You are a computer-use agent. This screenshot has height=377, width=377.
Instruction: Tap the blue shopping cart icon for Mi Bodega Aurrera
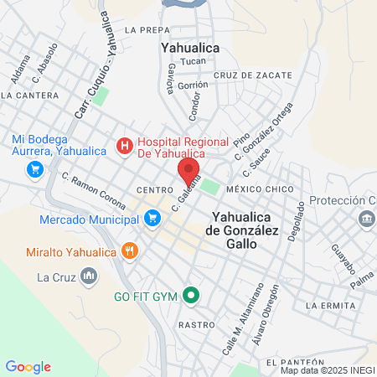click(x=34, y=169)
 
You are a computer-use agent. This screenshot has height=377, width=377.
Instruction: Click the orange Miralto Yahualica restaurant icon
click(x=129, y=250)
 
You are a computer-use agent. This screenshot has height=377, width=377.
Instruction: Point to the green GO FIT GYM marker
click(x=191, y=295)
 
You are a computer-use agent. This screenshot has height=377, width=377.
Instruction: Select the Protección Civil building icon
click(x=367, y=219)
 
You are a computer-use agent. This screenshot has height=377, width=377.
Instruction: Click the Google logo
click(x=28, y=367)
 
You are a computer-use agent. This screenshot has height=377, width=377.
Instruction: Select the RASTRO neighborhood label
click(x=192, y=323)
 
